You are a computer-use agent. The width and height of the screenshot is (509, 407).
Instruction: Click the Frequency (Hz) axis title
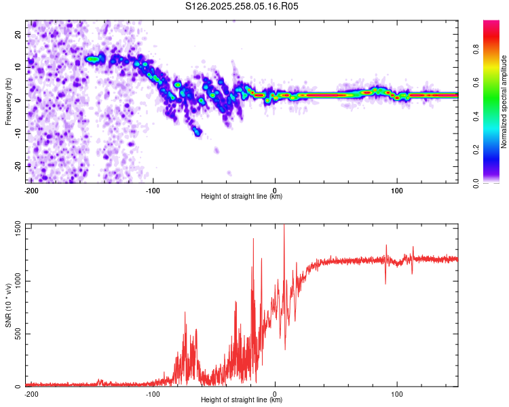pyautogui.click(x=8, y=101)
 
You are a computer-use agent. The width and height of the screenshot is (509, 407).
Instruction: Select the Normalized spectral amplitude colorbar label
pyautogui.click(x=504, y=101)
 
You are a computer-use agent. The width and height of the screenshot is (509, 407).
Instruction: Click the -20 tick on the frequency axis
pyautogui.click(x=18, y=166)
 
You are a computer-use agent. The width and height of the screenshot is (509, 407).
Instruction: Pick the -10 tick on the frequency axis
pyautogui.click(x=18, y=133)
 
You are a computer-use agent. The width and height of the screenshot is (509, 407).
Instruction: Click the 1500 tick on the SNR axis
pyautogui.click(x=14, y=229)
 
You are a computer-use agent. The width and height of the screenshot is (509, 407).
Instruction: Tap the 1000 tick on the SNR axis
pyautogui.click(x=14, y=282)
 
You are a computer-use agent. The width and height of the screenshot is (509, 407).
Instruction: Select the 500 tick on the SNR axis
pyautogui.click(x=16, y=334)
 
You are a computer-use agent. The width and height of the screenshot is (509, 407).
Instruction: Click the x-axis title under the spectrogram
pyautogui.click(x=242, y=197)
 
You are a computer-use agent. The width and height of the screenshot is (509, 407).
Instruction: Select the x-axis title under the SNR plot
pyautogui.click(x=242, y=400)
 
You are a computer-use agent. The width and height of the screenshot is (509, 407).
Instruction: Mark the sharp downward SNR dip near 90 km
pyautogui.click(x=385, y=282)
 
